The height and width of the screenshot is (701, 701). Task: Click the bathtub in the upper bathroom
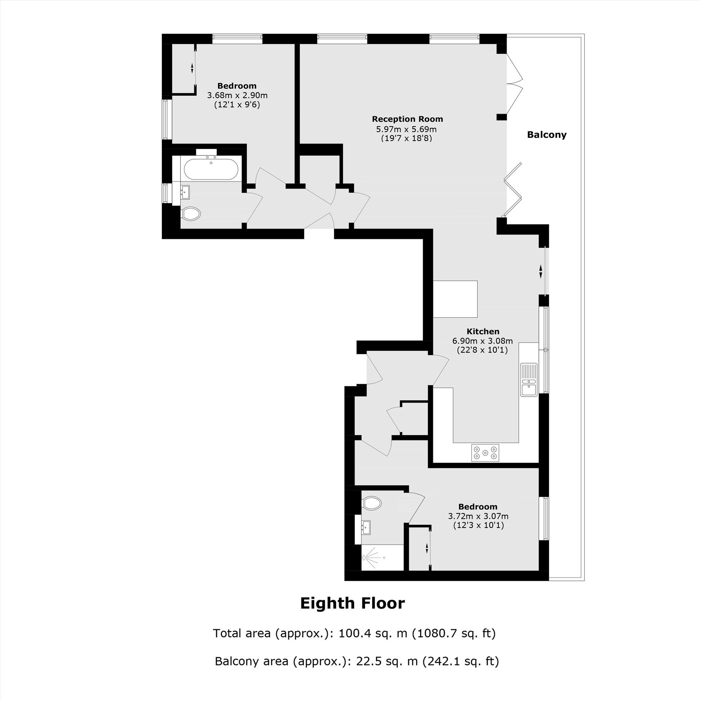click(x=211, y=169)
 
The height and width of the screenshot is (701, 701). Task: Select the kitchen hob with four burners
click(x=485, y=453)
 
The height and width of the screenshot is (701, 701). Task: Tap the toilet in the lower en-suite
click(x=372, y=503)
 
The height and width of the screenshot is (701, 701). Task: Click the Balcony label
click(x=546, y=135)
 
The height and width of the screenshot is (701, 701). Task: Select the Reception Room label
click(x=408, y=119)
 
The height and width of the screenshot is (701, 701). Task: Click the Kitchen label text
click(x=483, y=331)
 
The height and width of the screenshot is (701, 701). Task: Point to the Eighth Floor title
click(x=352, y=603)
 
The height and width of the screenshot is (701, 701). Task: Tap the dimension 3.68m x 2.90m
click(x=237, y=95)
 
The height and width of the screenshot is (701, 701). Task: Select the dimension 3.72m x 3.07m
click(x=478, y=516)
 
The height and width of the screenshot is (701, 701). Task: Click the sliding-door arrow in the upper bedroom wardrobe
click(x=192, y=68)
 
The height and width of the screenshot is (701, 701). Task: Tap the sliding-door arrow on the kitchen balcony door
click(x=540, y=271)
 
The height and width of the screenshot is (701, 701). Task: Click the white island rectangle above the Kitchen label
click(x=455, y=299)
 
